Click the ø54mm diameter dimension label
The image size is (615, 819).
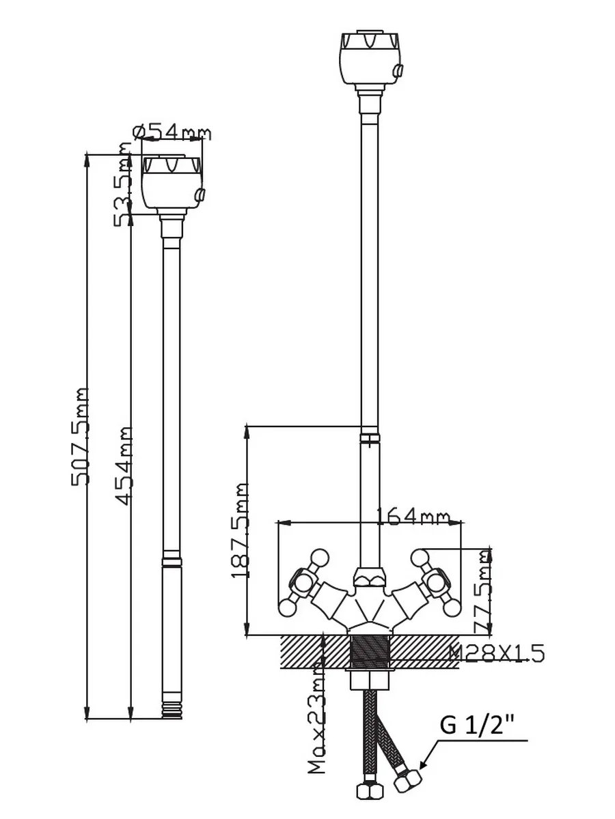(172, 133)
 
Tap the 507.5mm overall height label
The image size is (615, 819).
(80, 437)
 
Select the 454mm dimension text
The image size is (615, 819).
(123, 466)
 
